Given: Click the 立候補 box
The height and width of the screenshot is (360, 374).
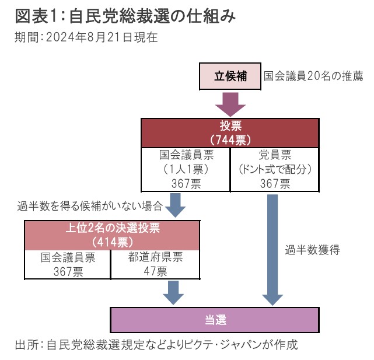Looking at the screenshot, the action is pyautogui.click(x=230, y=76).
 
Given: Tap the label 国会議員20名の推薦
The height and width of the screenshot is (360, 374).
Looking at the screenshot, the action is pyautogui.click(x=313, y=76).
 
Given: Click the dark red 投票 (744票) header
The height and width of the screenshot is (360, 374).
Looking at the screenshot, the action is pyautogui.click(x=230, y=133).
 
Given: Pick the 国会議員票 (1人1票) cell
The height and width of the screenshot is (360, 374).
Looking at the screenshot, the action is pyautogui.click(x=186, y=169).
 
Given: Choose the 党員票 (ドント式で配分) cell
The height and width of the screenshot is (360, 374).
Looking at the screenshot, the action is pyautogui.click(x=275, y=169).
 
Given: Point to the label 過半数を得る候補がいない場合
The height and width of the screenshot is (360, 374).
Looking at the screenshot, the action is pyautogui.click(x=90, y=206).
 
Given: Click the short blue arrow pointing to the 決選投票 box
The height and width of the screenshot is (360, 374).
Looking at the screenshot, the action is pyautogui.click(x=175, y=205).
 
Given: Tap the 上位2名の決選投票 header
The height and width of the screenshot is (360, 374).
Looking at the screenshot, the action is pyautogui.click(x=112, y=235).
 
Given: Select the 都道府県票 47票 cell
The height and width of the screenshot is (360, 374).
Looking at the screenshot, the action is pyautogui.click(x=155, y=264).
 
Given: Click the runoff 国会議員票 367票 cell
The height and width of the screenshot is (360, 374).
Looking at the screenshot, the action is pyautogui.click(x=68, y=264).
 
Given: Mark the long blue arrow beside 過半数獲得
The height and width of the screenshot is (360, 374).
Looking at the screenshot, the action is pyautogui.click(x=272, y=250).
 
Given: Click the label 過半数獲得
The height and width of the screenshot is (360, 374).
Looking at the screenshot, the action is pyautogui.click(x=312, y=250).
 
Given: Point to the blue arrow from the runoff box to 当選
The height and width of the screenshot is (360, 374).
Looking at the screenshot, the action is pyautogui.click(x=173, y=292).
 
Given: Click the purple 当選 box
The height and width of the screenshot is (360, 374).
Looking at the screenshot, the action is pyautogui.click(x=215, y=320).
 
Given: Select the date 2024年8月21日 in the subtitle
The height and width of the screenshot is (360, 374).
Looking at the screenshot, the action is pyautogui.click(x=90, y=37).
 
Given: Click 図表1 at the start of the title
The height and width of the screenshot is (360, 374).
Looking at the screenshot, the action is pyautogui.click(x=36, y=16).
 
